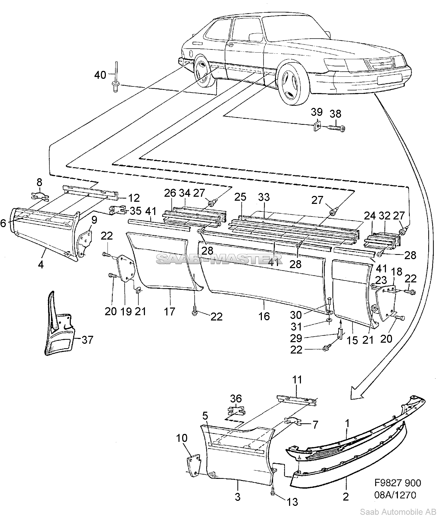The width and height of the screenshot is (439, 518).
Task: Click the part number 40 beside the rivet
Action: click(x=100, y=75)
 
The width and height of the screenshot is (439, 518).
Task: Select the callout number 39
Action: click(x=317, y=112)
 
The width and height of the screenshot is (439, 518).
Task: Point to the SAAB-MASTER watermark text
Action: click(x=219, y=259)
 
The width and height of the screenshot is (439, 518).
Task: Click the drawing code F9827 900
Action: click(x=398, y=483)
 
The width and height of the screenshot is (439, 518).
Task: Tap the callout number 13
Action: click(x=292, y=501)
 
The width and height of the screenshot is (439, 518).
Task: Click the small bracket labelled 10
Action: click(x=193, y=463)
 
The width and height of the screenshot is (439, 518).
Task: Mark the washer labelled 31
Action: click(x=330, y=320)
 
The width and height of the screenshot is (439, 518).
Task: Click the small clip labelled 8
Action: click(x=39, y=196)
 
